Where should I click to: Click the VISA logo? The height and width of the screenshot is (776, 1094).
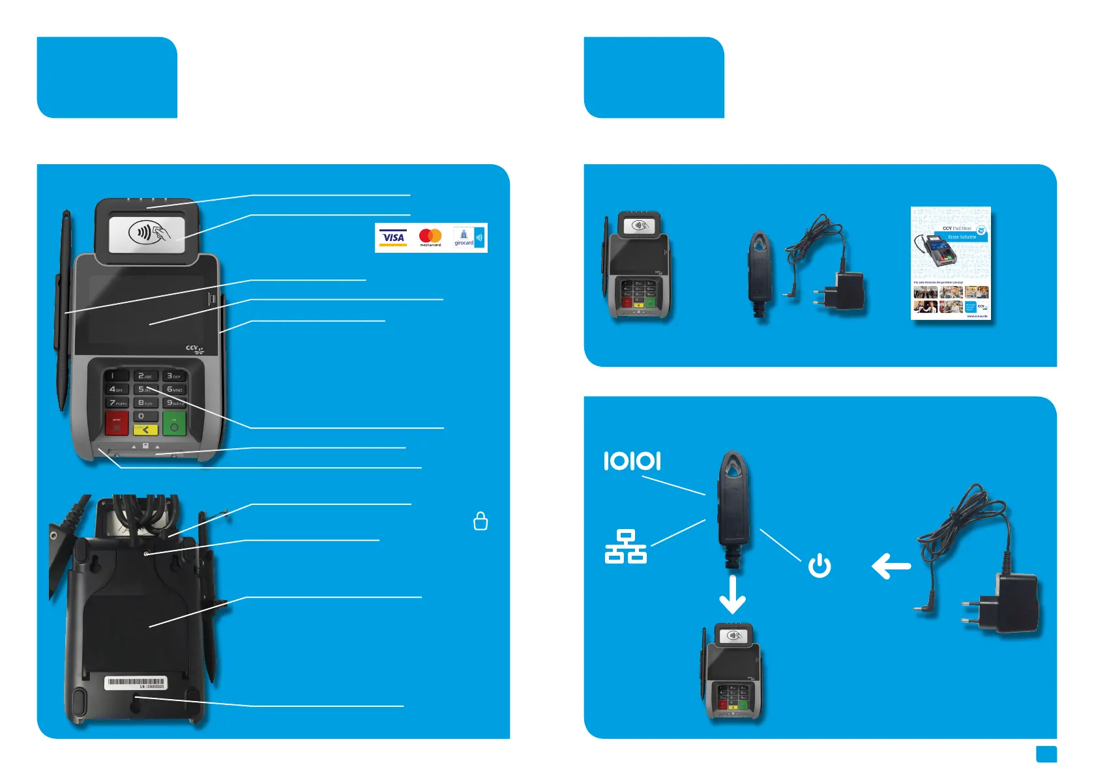tap(393, 238)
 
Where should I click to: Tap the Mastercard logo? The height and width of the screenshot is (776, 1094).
tap(430, 237)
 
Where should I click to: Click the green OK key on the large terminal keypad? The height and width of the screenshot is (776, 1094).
tap(174, 424)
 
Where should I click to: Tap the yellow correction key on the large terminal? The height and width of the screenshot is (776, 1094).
tap(145, 430)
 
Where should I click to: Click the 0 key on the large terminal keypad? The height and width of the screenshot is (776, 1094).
tap(145, 416)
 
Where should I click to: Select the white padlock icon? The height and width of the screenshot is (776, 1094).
tap(480, 521)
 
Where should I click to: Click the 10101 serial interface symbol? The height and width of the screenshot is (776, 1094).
tap(632, 461)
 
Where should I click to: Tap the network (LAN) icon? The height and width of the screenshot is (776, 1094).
tap(625, 547)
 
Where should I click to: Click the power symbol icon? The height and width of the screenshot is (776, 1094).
tap(820, 566)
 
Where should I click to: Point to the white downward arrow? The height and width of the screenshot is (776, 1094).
tap(732, 594)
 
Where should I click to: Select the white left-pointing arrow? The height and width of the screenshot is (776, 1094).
tap(891, 566)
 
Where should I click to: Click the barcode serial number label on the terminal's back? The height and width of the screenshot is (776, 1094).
tap(136, 683)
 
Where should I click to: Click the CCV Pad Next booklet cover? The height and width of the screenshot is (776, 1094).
tap(951, 263)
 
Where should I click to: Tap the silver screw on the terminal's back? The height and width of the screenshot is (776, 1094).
tap(147, 553)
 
